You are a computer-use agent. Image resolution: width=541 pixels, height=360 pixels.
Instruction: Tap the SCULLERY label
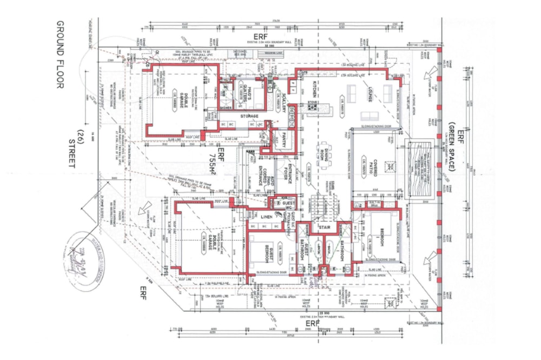[282, 97]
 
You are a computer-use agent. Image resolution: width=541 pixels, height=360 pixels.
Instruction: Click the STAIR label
[325, 227]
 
